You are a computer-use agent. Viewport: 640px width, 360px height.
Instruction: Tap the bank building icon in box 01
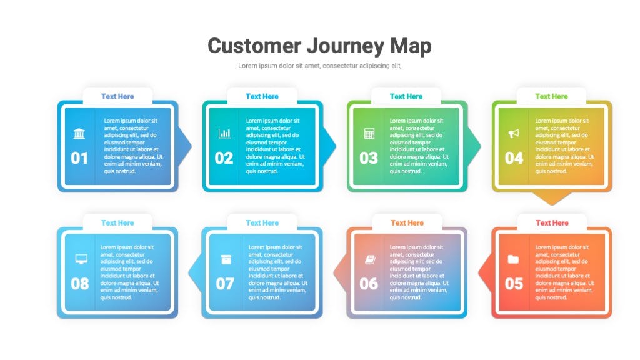pos(79,134)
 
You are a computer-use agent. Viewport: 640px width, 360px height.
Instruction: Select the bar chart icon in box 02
pos(224,134)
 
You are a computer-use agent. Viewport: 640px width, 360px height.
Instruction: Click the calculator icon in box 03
pos(369,134)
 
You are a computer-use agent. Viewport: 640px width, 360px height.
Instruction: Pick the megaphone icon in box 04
pos(514,134)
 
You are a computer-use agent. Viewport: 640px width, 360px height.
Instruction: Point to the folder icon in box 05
pos(513,259)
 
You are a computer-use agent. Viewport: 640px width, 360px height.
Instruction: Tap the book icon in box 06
pos(370,259)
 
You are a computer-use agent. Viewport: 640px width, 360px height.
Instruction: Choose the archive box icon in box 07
pos(226,259)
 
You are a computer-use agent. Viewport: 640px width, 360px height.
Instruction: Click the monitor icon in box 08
pos(81,259)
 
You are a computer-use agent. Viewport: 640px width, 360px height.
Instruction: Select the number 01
pos(79,158)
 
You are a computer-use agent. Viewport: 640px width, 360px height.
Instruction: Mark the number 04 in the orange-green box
pos(514,158)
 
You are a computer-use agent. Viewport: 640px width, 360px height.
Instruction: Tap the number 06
pos(369,284)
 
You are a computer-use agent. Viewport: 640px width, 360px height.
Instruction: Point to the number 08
pos(79,284)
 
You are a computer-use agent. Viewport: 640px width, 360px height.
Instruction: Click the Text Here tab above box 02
pos(262,96)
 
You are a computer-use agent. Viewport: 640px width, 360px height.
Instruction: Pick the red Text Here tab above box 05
pos(552,223)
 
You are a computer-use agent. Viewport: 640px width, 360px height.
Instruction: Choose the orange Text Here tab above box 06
pos(407,223)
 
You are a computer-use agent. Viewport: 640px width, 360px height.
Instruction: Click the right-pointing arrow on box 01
pos(185,146)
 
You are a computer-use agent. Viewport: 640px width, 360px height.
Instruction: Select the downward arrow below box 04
pos(552,198)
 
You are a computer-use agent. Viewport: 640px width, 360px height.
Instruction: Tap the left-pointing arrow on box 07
pos(195,272)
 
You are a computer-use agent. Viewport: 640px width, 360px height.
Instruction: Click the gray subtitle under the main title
pos(320,66)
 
